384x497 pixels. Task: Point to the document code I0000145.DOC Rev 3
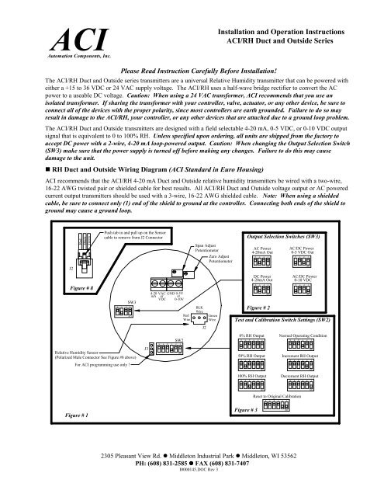point(192,480)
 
